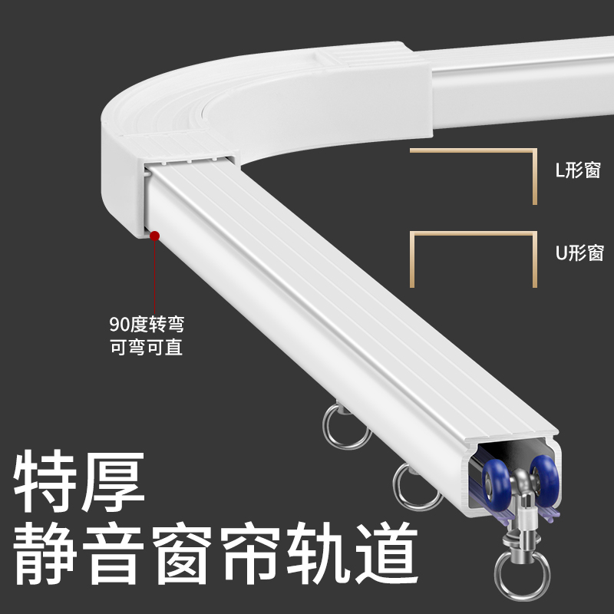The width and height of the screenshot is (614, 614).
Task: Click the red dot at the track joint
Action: click(x=154, y=236)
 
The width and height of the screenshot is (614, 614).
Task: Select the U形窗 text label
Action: click(x=579, y=253)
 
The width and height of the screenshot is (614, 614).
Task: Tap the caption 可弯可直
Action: click(x=146, y=347)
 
